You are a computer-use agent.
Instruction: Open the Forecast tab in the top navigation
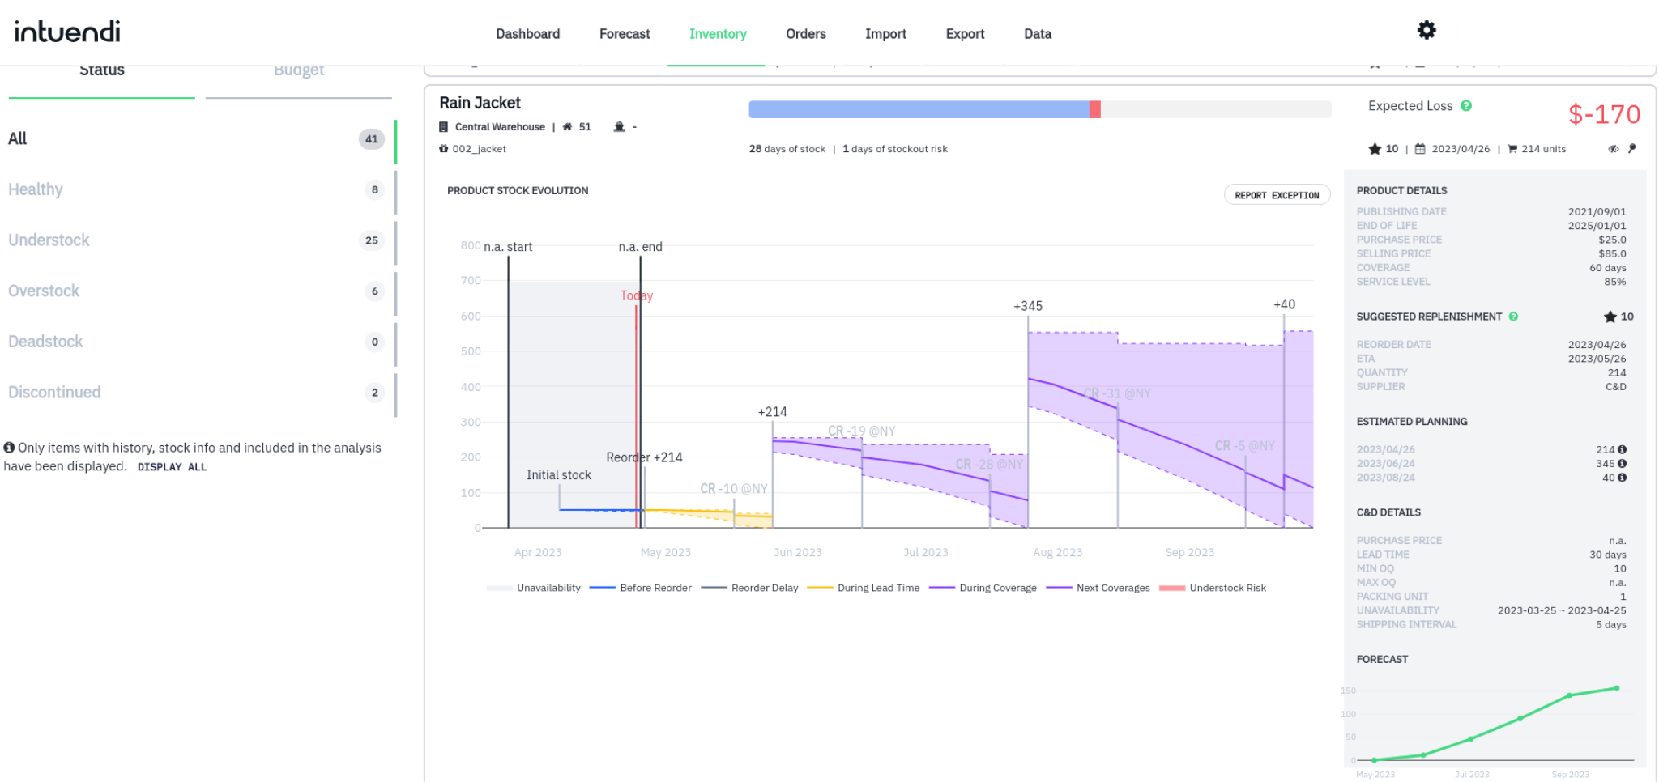pos(625,34)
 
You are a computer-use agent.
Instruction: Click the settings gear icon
pos(1427,31)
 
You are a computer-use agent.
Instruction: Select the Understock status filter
pos(49,240)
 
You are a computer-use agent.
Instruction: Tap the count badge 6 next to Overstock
pos(374,291)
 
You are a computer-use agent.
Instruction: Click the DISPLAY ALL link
pos(172,467)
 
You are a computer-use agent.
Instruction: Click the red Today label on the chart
pos(637,295)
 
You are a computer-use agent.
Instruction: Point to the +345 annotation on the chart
pos(1028,306)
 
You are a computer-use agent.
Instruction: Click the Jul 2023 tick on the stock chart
pos(925,552)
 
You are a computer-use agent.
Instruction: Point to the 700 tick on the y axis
pos(471,280)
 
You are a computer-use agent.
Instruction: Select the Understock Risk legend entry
pos(1226,588)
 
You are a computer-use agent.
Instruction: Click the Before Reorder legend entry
pos(655,588)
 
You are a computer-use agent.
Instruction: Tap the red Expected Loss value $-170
pos(1604,115)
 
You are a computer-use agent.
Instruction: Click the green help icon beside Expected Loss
pos(1466,106)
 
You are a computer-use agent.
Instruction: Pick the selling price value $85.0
pos(1612,253)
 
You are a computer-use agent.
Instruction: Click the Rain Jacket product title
pos(480,103)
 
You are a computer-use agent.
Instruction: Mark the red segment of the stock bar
pos(1095,109)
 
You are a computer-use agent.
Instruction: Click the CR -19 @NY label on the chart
pos(861,431)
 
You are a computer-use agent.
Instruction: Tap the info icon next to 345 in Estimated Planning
pos(1622,464)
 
